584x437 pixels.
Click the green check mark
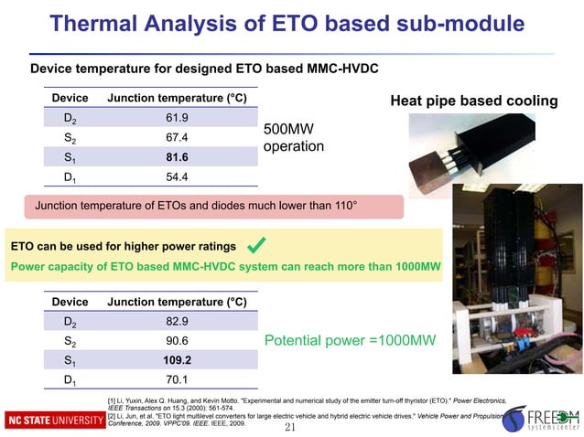coord(258,245)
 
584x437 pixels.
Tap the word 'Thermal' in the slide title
coord(95,23)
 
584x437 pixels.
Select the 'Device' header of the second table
coord(70,302)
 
